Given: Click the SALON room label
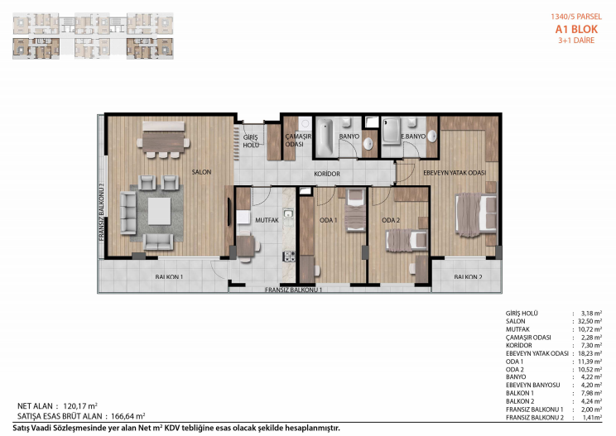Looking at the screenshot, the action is (201, 172).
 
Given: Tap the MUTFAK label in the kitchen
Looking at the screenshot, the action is (267, 220).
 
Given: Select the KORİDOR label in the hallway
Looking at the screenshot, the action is (327, 174).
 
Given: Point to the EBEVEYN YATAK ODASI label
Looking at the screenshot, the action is (455, 173).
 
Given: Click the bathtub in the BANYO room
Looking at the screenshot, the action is (325, 137).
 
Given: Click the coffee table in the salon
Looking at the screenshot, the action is (160, 211).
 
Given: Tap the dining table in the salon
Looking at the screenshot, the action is (163, 141).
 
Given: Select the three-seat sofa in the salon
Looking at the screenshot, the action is (128, 213).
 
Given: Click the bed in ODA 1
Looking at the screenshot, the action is (355, 210).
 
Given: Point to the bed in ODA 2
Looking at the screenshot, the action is (407, 240).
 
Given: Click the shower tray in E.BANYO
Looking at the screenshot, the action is (392, 131).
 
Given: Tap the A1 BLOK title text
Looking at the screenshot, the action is (576, 29).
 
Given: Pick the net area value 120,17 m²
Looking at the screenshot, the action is (80, 406).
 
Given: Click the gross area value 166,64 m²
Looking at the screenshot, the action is (128, 416).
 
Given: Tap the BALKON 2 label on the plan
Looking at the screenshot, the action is (468, 277).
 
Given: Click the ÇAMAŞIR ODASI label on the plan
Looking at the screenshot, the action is (298, 140).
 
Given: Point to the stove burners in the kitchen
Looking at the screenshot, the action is (289, 256).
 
